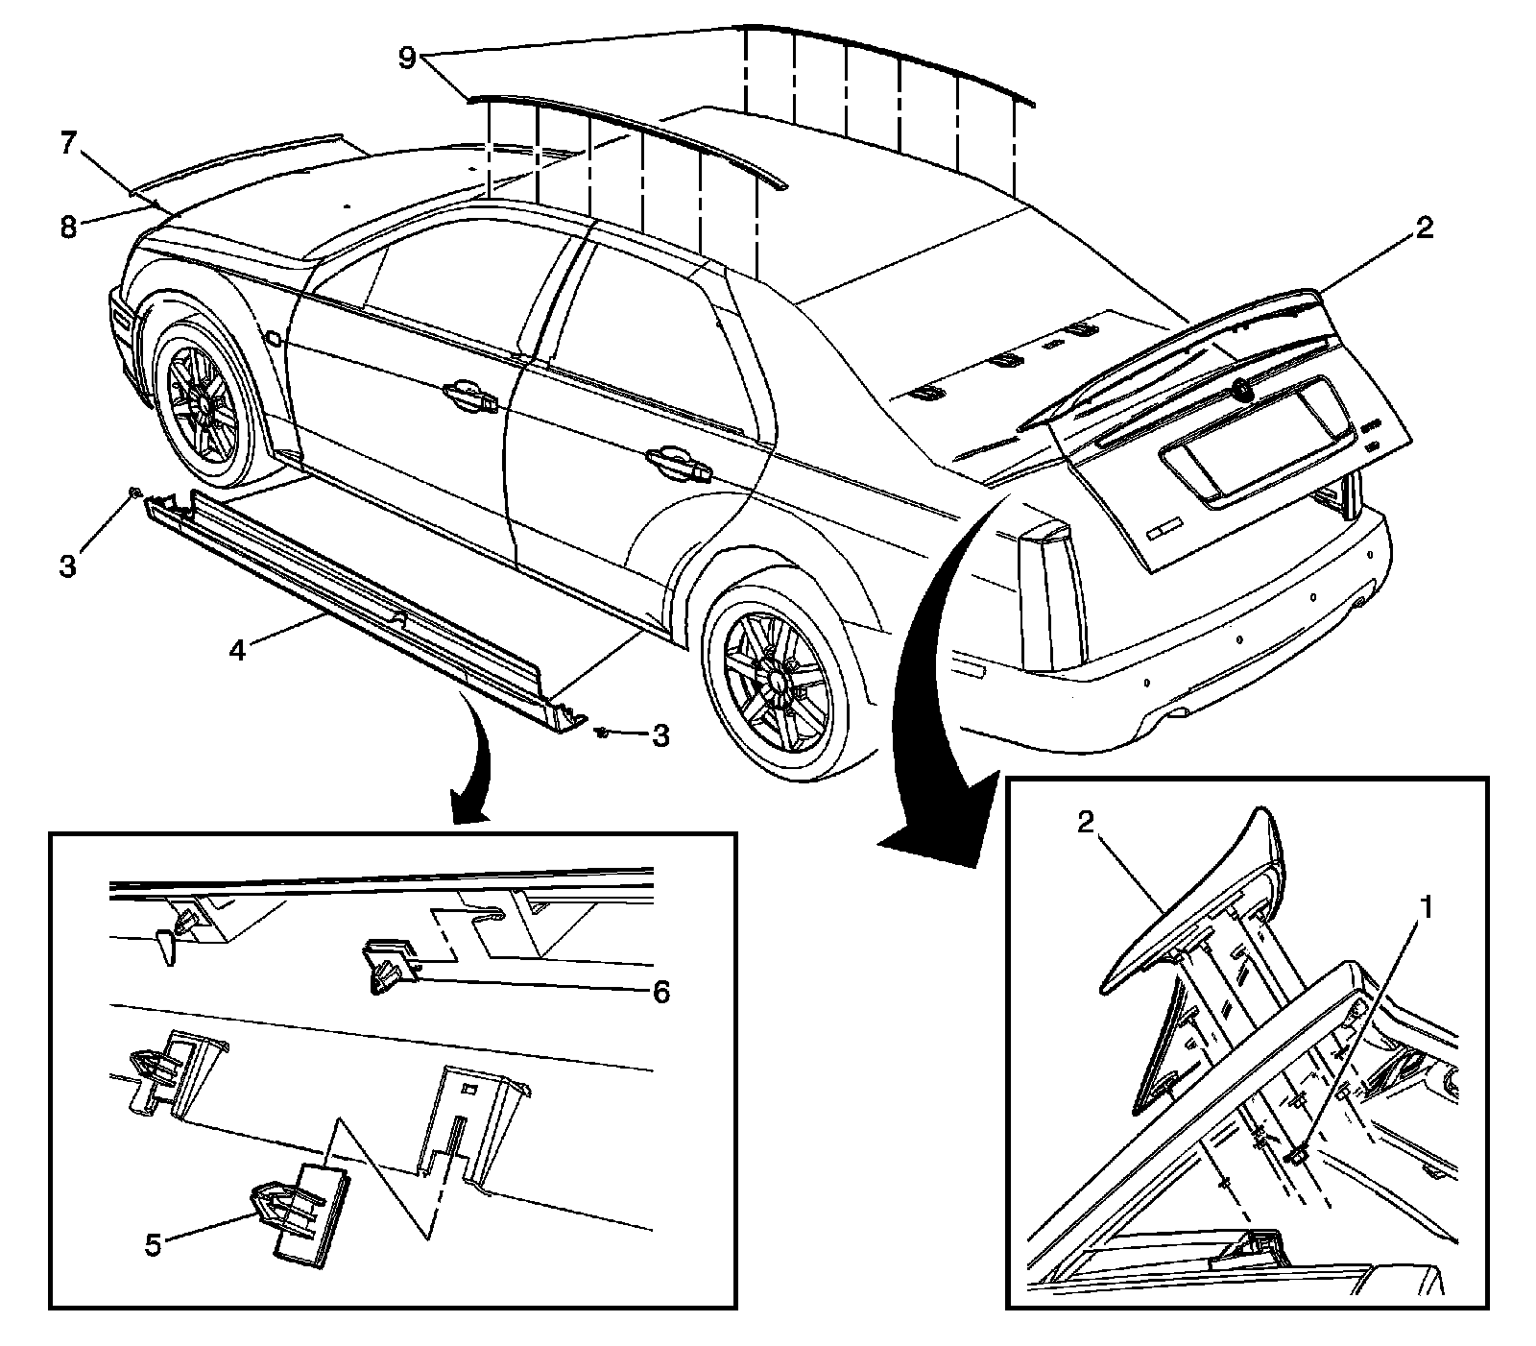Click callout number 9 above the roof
(407, 58)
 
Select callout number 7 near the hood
(66, 145)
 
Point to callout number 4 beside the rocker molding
(237, 650)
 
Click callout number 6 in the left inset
(660, 992)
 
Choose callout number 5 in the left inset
(153, 1245)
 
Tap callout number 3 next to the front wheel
(66, 566)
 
